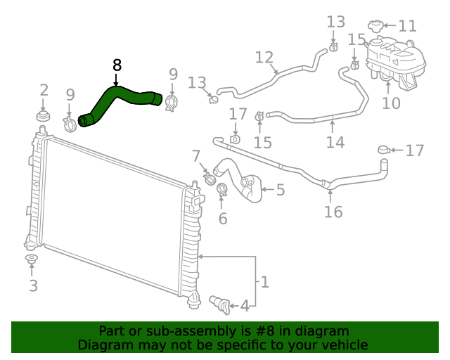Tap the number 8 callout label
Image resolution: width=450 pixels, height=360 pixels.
pyautogui.click(x=117, y=65)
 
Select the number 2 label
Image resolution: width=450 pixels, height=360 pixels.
pyautogui.click(x=44, y=89)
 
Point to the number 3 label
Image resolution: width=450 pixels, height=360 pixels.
pyautogui.click(x=33, y=285)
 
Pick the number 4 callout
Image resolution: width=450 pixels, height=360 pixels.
pyautogui.click(x=244, y=306)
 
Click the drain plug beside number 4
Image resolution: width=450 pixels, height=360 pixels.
pyautogui.click(x=219, y=302)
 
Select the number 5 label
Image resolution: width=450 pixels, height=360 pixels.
pyautogui.click(x=280, y=189)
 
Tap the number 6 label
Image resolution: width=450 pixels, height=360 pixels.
pyautogui.click(x=223, y=219)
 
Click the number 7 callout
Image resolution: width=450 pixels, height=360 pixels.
pyautogui.click(x=196, y=156)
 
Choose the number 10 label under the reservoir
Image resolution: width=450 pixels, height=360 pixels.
pyautogui.click(x=391, y=103)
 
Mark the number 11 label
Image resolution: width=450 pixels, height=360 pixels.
pyautogui.click(x=407, y=26)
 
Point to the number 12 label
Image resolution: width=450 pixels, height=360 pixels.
pyautogui.click(x=264, y=57)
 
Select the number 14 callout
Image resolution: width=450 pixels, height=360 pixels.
pyautogui.click(x=335, y=142)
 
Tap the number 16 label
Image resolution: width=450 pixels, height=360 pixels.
pyautogui.click(x=333, y=211)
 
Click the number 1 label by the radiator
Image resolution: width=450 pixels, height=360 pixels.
pyautogui.click(x=264, y=282)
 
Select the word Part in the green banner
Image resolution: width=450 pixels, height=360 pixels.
pyautogui.click(x=112, y=330)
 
